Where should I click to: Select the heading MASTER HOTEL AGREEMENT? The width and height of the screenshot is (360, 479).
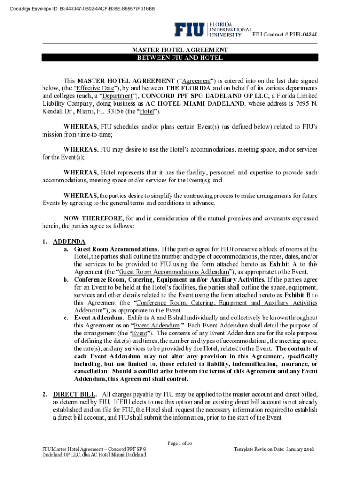coord(180,50)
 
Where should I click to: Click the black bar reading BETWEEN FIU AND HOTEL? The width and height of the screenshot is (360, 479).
coord(180,58)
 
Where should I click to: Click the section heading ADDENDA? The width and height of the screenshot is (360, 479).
coord(69,241)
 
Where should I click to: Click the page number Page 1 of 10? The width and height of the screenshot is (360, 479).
coord(180,443)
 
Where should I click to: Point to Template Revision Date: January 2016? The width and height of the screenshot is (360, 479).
coord(274,449)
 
